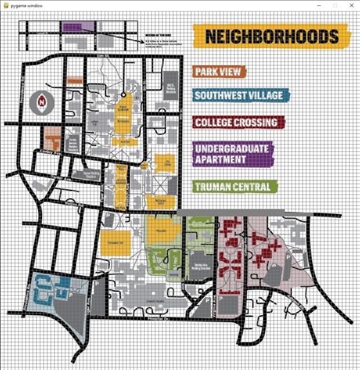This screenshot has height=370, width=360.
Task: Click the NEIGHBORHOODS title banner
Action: point(266,36)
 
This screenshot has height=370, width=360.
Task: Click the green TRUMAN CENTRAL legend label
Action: point(235,187)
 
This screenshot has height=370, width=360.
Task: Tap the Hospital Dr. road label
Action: point(157,319)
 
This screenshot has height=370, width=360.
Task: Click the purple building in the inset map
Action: point(78,28)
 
